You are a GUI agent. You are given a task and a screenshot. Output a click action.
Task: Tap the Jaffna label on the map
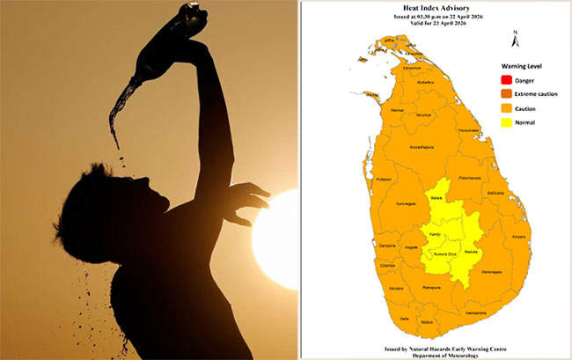pyautogui.click(x=389, y=41)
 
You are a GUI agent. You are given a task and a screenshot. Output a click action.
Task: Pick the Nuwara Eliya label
pyautogui.click(x=442, y=254)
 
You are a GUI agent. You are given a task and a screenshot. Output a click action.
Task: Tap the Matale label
pyautogui.click(x=436, y=199)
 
